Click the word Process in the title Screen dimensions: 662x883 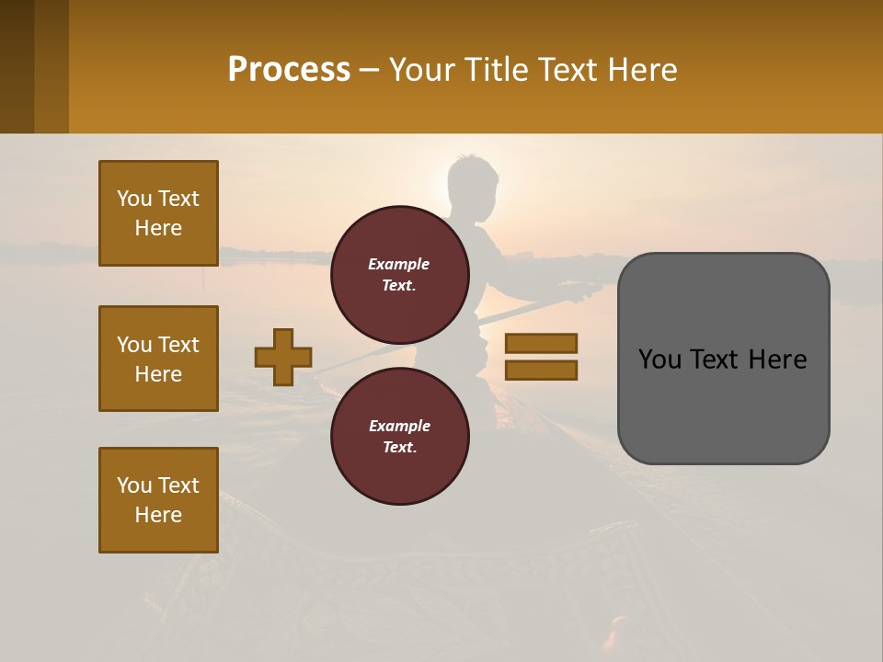289,70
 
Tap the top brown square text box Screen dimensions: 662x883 158,213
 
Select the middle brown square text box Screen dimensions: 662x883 158,359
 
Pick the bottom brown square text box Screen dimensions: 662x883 158,500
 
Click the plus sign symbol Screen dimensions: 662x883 283,357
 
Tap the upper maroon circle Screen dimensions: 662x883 399,274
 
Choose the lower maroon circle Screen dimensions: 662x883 399,436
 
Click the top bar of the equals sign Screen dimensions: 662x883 541,343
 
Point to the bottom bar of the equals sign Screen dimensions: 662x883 541,370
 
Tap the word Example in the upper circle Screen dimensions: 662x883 399,264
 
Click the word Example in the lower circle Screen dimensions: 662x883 399,426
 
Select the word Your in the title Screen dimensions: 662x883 423,70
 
